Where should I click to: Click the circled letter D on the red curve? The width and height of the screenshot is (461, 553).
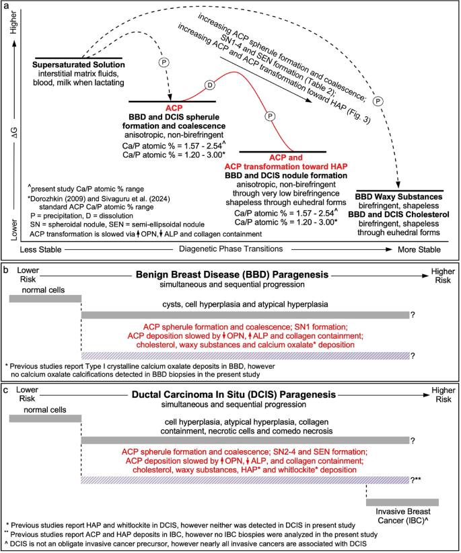point(209,85)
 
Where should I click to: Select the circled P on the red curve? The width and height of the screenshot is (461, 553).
point(271,116)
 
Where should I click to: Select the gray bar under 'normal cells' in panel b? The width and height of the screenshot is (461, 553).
point(44,298)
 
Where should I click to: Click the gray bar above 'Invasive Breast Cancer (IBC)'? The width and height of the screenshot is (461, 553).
point(402,502)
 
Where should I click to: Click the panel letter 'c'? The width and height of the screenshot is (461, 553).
point(7,388)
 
